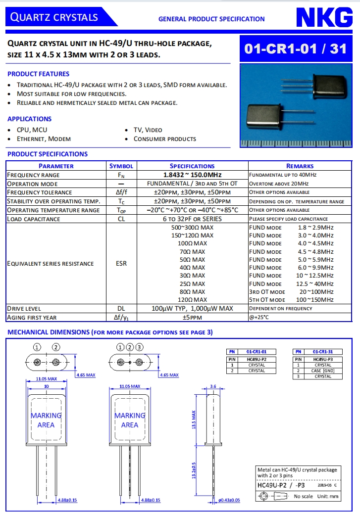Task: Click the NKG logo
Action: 324,18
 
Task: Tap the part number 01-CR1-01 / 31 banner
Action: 296,48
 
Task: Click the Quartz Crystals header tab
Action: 55,17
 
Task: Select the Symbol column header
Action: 121,166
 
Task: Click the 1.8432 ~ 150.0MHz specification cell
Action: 192,175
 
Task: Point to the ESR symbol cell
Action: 121,264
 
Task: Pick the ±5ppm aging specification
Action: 192,318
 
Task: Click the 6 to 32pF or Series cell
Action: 192,219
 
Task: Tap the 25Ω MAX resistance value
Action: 192,284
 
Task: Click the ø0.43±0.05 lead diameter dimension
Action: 229,500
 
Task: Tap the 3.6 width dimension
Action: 213,386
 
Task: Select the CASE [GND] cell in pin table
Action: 323,371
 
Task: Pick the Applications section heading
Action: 30,119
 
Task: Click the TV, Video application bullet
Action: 148,130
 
